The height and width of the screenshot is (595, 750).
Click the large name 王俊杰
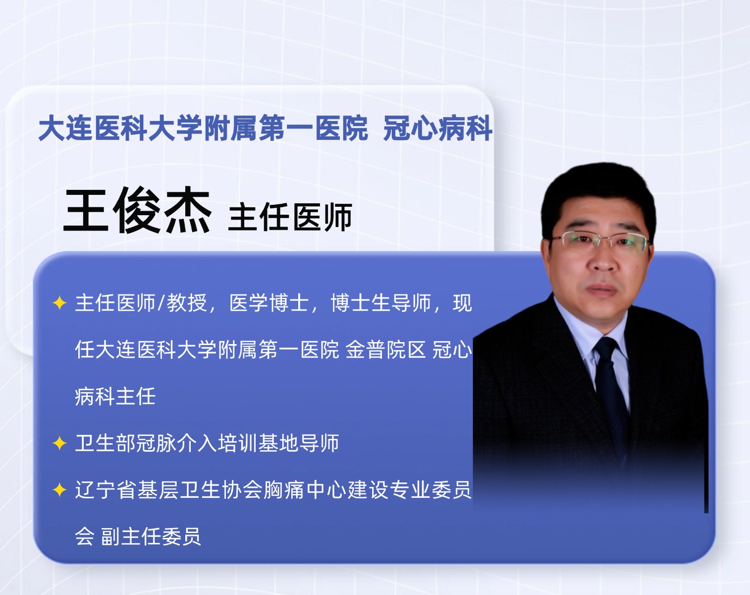pyautogui.click(x=137, y=210)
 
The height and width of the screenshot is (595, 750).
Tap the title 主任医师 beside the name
pyautogui.click(x=290, y=217)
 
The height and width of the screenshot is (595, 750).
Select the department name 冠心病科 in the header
pyautogui.click(x=438, y=128)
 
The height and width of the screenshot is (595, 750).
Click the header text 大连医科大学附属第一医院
pyautogui.click(x=203, y=128)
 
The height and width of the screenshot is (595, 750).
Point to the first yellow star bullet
pyautogui.click(x=59, y=303)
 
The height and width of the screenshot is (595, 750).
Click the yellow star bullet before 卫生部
pyautogui.click(x=59, y=443)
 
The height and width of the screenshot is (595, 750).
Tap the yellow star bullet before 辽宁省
pyautogui.click(x=59, y=489)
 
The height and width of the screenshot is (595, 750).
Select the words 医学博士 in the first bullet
pyautogui.click(x=269, y=302)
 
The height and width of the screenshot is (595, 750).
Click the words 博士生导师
pyautogui.click(x=380, y=302)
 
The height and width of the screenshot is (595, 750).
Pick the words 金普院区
pyautogui.click(x=385, y=350)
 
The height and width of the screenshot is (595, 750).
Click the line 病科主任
pyautogui.click(x=115, y=396)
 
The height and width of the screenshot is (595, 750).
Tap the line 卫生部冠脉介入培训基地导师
pyautogui.click(x=207, y=443)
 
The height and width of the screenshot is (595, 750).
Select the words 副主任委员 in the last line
pyautogui.click(x=151, y=536)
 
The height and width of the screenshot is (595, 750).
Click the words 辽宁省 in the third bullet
pyautogui.click(x=105, y=489)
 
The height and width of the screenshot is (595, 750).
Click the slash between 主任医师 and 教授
pyautogui.click(x=161, y=302)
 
